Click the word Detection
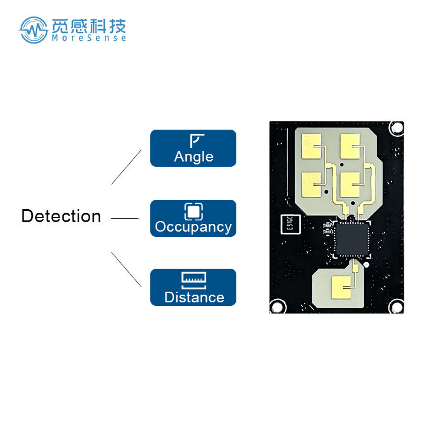coord(61,216)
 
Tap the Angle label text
coord(193,157)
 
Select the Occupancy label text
coord(193,227)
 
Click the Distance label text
coord(194,297)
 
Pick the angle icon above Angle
coord(196,140)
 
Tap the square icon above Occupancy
coord(193,211)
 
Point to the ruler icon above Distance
coord(194,279)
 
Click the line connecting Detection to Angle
coord(127,166)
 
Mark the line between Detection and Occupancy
coord(124,218)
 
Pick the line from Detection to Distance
coord(127,270)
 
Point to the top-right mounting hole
coord(396,127)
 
